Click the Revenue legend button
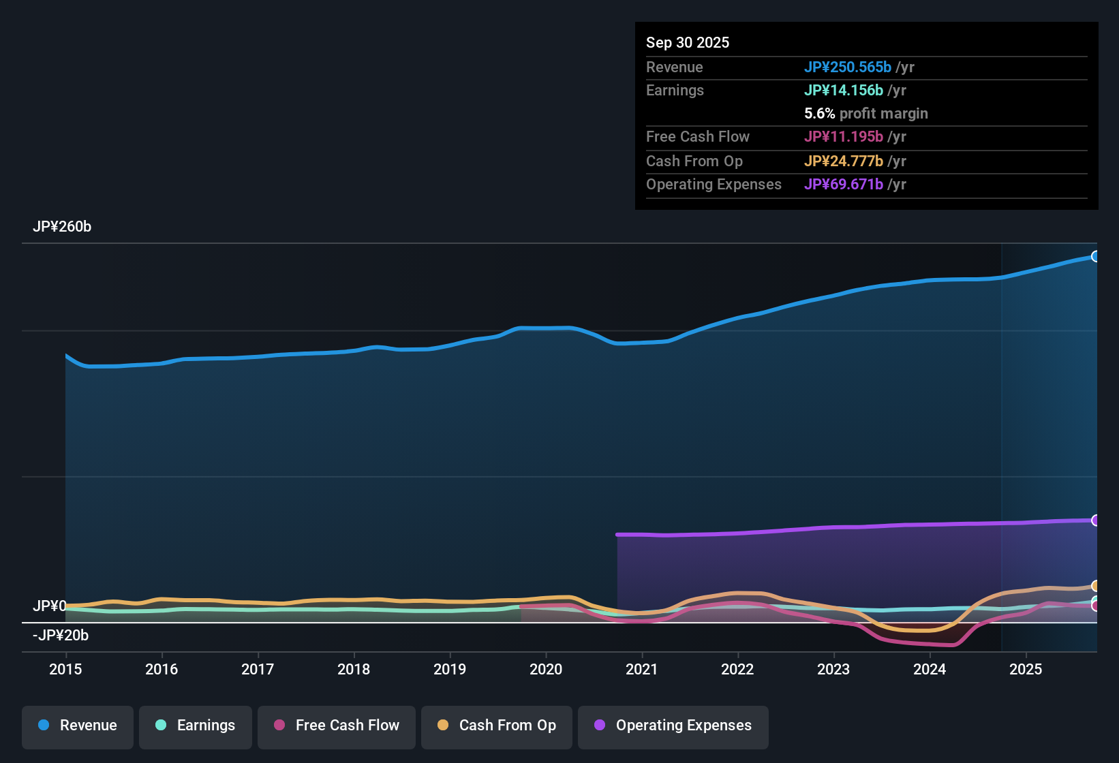tap(78, 726)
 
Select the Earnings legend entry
tap(196, 726)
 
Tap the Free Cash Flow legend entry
tap(337, 726)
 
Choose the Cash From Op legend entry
tap(497, 726)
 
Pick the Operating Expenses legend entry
tap(673, 726)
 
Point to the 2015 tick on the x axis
tap(65, 669)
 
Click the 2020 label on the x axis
tap(546, 669)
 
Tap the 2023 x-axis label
tap(833, 669)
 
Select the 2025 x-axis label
tap(1026, 669)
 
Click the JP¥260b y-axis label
tap(62, 227)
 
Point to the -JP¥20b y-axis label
tap(61, 636)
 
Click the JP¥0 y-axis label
tap(49, 606)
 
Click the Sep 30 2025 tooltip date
tap(688, 42)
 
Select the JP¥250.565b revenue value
tap(847, 67)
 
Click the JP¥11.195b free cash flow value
tap(843, 137)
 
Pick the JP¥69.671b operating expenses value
tap(843, 185)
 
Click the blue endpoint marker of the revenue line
tap(1095, 257)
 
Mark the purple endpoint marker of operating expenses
tap(1095, 520)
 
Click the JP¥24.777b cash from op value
tap(843, 161)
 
